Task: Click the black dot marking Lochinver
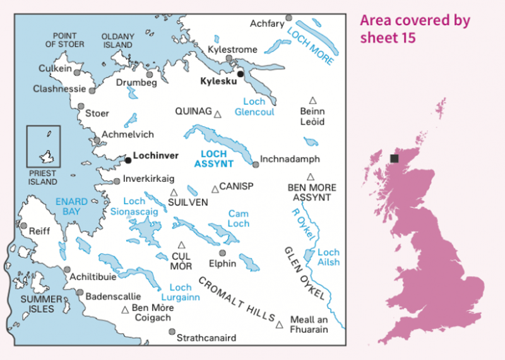click(128, 160)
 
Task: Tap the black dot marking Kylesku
click(240, 74)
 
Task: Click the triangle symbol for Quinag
click(218, 114)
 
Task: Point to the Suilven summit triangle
click(174, 193)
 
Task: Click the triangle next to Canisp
click(215, 188)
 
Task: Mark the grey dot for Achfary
click(288, 18)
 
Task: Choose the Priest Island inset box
click(44, 147)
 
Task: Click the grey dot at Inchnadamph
click(255, 165)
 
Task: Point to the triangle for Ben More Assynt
click(311, 177)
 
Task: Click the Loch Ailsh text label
click(328, 257)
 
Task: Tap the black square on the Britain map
click(395, 159)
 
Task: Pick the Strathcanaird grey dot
click(172, 331)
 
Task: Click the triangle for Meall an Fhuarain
click(279, 325)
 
